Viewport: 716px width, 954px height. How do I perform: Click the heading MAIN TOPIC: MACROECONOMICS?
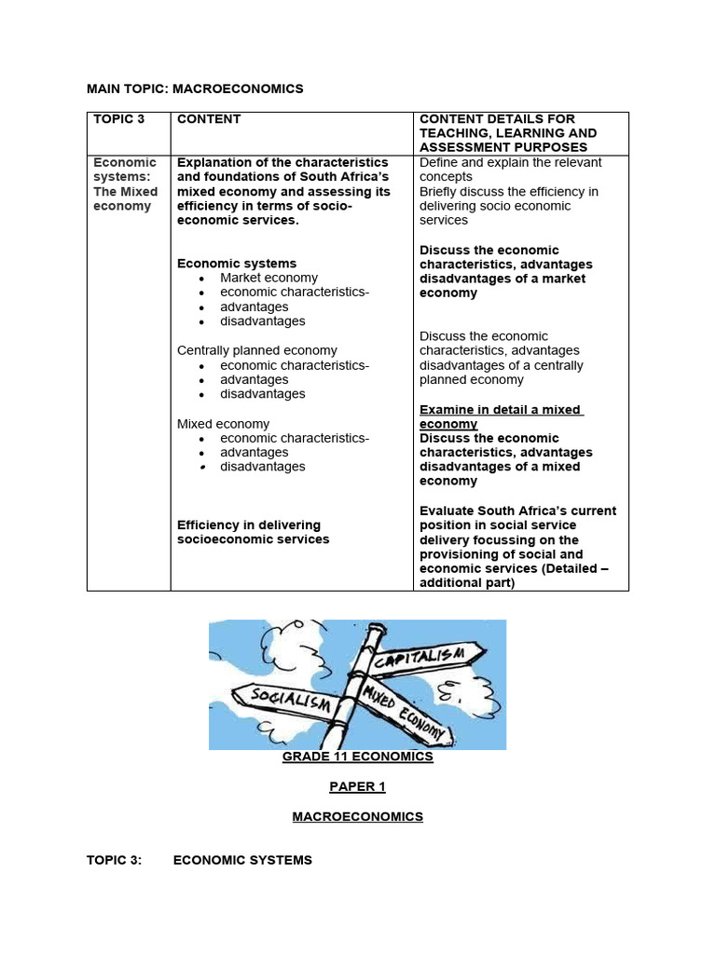195,89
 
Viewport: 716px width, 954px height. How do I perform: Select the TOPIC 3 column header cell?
118,119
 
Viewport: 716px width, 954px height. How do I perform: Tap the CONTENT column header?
209,119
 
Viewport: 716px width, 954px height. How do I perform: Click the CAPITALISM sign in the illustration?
430,653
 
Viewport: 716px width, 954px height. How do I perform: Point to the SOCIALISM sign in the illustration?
283,698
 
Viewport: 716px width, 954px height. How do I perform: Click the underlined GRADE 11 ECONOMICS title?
358,756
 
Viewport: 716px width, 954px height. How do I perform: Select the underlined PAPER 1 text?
357,786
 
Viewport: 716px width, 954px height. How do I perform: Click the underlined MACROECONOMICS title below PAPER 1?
357,816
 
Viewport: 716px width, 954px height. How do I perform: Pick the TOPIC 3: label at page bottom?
115,860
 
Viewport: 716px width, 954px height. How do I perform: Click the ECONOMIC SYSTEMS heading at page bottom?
242,860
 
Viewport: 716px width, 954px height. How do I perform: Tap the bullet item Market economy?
268,278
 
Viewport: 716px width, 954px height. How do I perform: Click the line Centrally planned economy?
257,350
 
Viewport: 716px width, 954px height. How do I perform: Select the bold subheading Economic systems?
237,264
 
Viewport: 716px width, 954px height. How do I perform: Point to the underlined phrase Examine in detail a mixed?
501,410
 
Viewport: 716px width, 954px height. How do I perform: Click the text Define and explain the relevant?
510,162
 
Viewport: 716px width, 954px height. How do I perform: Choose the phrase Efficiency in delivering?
249,525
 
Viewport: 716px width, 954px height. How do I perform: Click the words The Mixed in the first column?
126,192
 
